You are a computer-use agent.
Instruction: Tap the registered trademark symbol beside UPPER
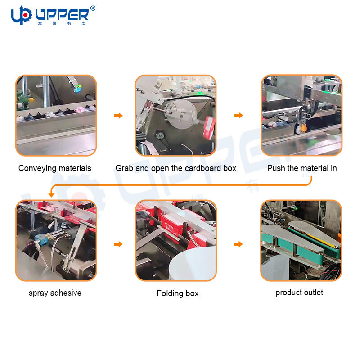pos(93,9)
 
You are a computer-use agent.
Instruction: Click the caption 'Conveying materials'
pos(55,168)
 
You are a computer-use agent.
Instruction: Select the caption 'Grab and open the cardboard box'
pos(176,168)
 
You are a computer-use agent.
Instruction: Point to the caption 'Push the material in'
pos(302,168)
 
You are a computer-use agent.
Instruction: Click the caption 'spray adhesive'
pos(55,293)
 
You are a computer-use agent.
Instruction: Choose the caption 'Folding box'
pos(178,293)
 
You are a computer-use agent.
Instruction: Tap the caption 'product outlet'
pos(299,292)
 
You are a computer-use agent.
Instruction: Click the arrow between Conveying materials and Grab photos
pos(118,116)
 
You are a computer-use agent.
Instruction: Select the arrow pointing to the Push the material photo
pos(239,115)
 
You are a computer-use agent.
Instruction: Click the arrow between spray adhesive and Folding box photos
pos(118,244)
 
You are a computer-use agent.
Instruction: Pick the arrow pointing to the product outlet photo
pos(238,244)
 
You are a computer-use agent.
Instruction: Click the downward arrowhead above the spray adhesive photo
pos(51,195)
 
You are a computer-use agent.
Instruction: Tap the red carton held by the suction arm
pos(209,128)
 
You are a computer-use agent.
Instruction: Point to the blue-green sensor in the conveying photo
pos(77,88)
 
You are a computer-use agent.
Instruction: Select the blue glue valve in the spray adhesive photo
pos(42,240)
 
